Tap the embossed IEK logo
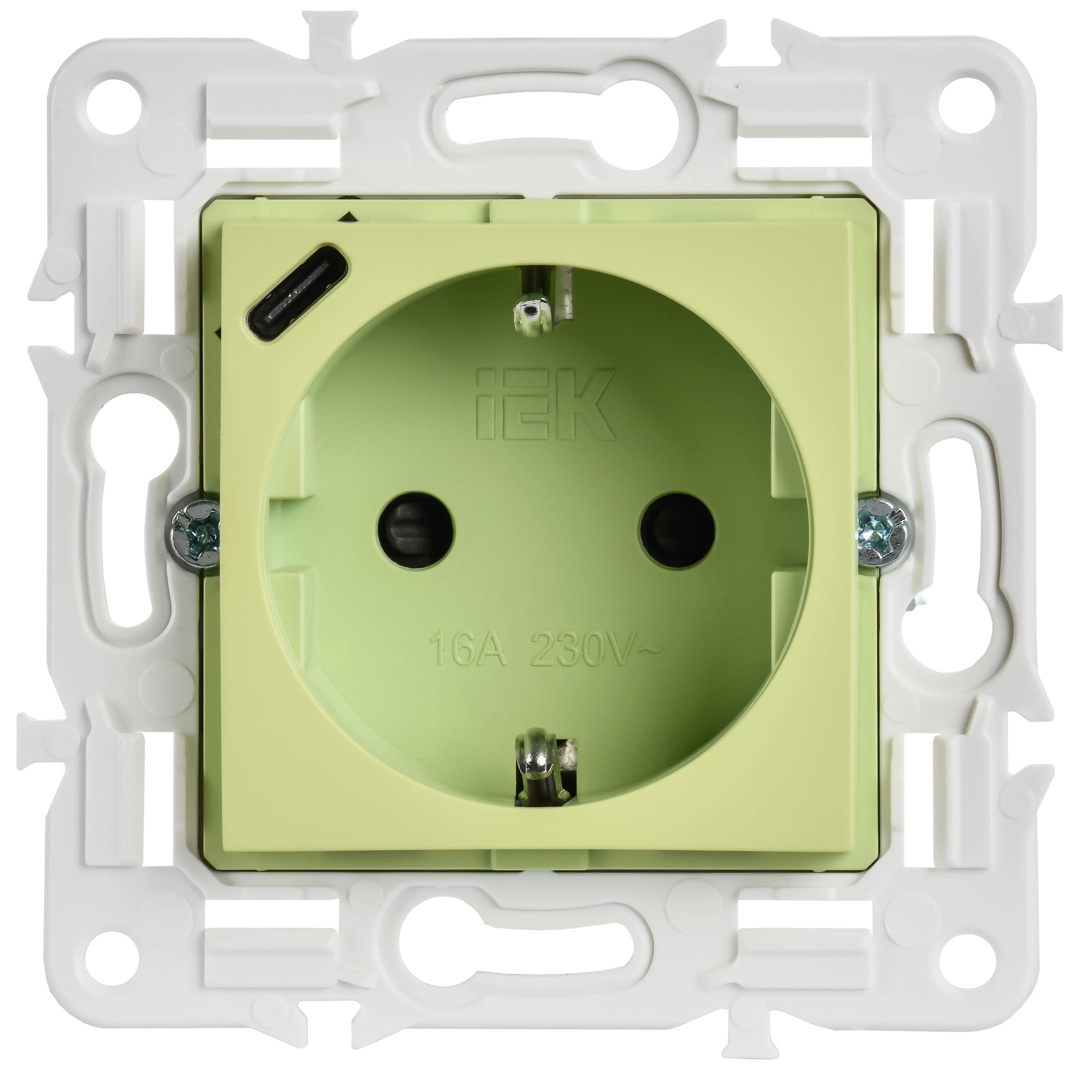tap(542, 404)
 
